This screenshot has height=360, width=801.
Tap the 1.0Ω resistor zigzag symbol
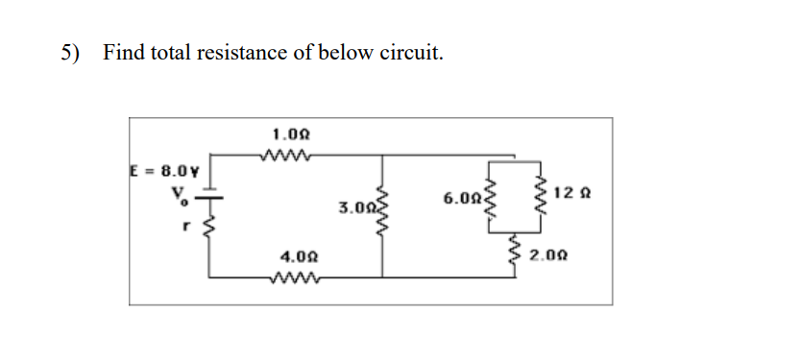click(x=284, y=155)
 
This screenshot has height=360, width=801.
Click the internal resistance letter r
click(x=187, y=228)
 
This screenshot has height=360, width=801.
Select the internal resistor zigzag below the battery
click(x=211, y=228)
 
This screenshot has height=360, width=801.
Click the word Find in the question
click(x=122, y=53)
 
